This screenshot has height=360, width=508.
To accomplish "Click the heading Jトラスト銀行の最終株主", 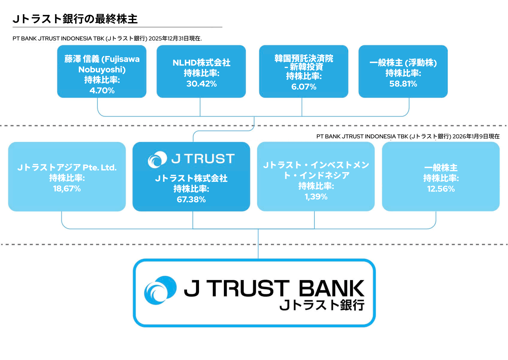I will (x=75, y=19).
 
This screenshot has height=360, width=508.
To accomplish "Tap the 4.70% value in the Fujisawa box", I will (x=102, y=90).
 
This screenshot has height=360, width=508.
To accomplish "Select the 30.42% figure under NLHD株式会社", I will (x=201, y=84).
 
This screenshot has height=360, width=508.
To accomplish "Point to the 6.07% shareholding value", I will (x=304, y=87).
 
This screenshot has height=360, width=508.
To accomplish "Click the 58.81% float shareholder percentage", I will (x=403, y=84).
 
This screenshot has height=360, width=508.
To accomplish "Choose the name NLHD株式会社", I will (x=201, y=63).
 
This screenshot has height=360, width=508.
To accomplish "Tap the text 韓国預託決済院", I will (x=304, y=58).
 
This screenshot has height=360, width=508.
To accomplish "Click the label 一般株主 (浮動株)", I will (x=403, y=63).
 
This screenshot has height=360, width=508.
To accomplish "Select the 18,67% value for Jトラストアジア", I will (x=67, y=189).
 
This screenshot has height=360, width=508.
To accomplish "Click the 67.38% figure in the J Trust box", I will (x=191, y=199).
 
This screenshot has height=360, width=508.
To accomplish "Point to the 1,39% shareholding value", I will (x=316, y=197).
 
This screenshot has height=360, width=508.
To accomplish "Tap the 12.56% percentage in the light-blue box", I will (x=441, y=189).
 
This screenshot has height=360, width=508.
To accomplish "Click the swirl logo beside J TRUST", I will (x=157, y=159).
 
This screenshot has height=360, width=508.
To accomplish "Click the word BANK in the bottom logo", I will (x=331, y=288).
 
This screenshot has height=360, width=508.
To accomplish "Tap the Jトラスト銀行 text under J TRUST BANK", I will (x=322, y=305).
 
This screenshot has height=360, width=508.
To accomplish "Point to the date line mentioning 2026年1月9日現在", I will (x=408, y=136).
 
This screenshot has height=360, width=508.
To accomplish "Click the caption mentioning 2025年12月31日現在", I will (x=107, y=38).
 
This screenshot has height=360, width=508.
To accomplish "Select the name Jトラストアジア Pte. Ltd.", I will (x=67, y=167).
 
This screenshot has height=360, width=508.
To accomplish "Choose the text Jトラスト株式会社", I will (x=191, y=179).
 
